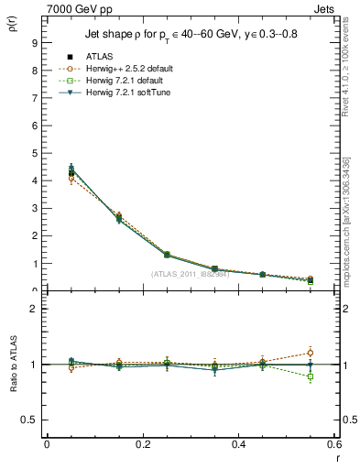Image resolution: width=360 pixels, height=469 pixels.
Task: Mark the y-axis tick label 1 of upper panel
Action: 32,264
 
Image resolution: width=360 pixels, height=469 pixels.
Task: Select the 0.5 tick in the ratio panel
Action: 29,420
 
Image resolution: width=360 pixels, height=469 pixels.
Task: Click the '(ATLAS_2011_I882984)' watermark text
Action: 191,274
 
